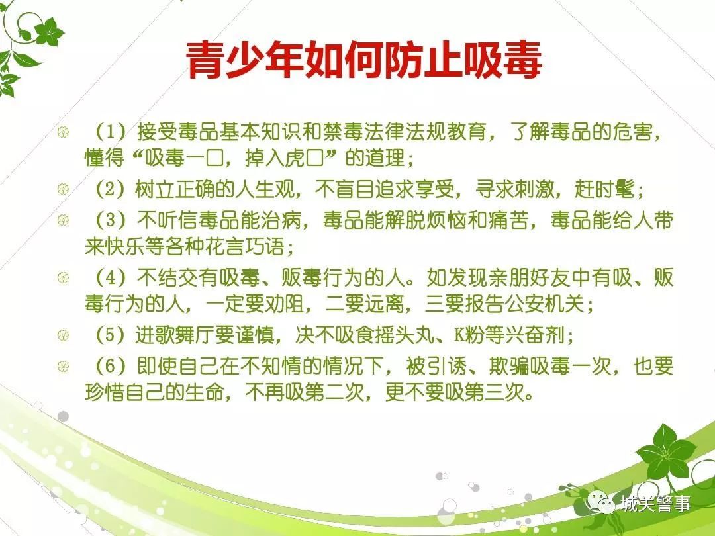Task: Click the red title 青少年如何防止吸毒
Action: pyautogui.click(x=364, y=60)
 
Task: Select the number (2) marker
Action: pyautogui.click(x=110, y=189)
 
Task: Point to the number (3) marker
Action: pyautogui.click(x=110, y=220)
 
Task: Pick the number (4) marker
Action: pyautogui.click(x=110, y=277)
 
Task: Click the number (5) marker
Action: pyautogui.click(x=110, y=335)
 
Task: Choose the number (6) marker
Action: pyautogui.click(x=110, y=366)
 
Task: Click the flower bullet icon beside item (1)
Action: pyautogui.click(x=64, y=132)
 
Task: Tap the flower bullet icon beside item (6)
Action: pyautogui.click(x=64, y=366)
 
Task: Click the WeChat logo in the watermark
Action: pyautogui.click(x=601, y=503)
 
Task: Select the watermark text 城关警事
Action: pyautogui.click(x=655, y=504)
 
